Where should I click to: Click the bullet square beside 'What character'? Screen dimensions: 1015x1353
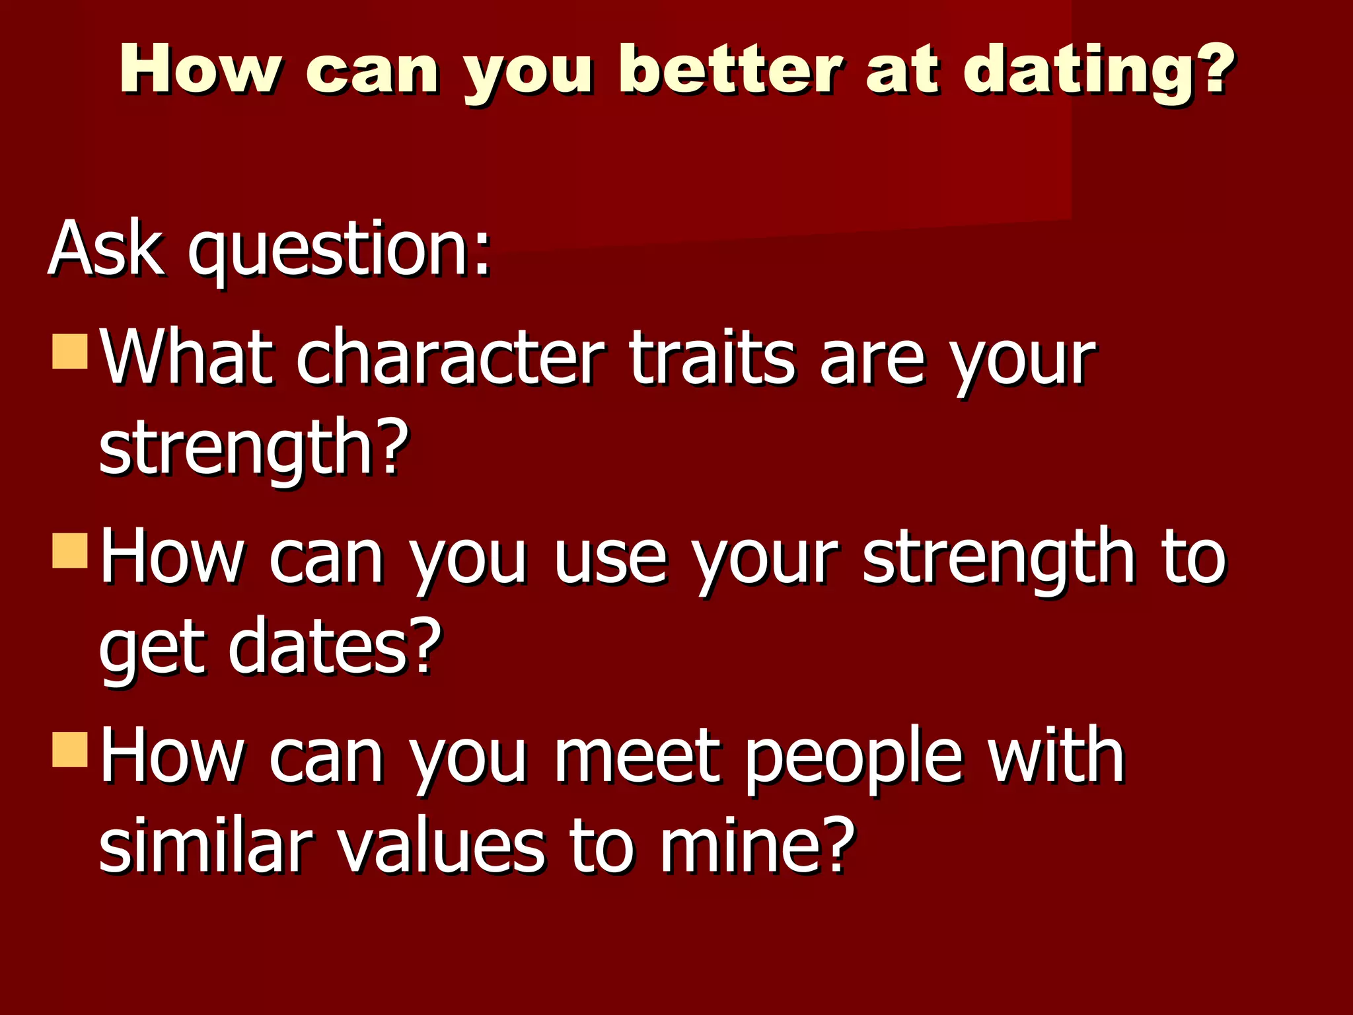pyautogui.click(x=70, y=351)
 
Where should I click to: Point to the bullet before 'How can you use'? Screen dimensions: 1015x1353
pyautogui.click(x=70, y=550)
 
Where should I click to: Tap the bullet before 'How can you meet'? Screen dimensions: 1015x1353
pyautogui.click(x=70, y=749)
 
